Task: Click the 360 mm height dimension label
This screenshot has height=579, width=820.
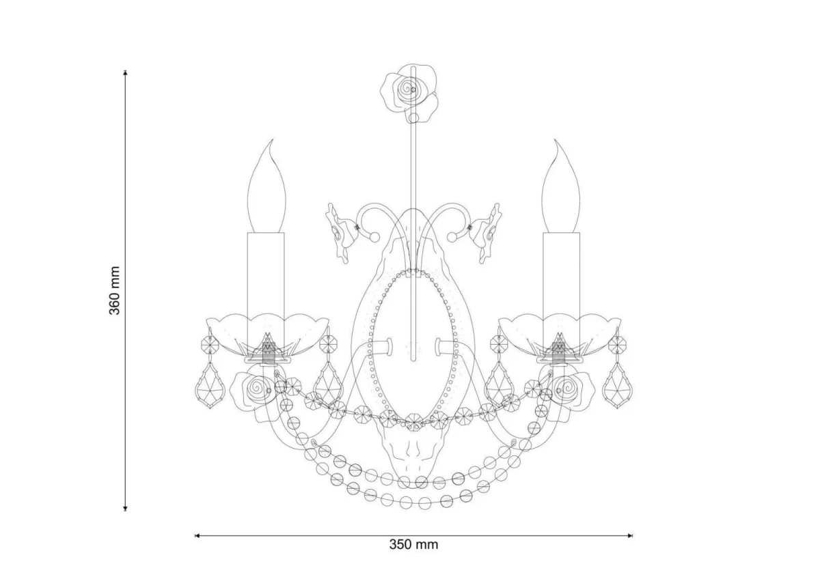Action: point(115,291)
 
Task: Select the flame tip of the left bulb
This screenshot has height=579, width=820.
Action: point(273,140)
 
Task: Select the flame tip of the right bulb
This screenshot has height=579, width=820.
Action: point(556,141)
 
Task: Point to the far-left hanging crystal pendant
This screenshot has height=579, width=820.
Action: point(210,385)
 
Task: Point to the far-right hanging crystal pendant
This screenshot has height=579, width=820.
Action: point(618,385)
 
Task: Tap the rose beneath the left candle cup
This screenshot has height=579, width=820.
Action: point(254,395)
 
